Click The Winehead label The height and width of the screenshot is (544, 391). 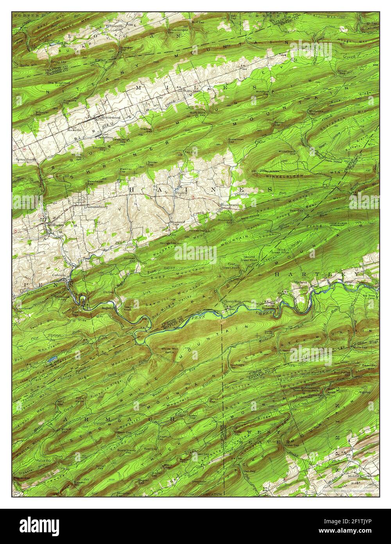click(56, 83)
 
